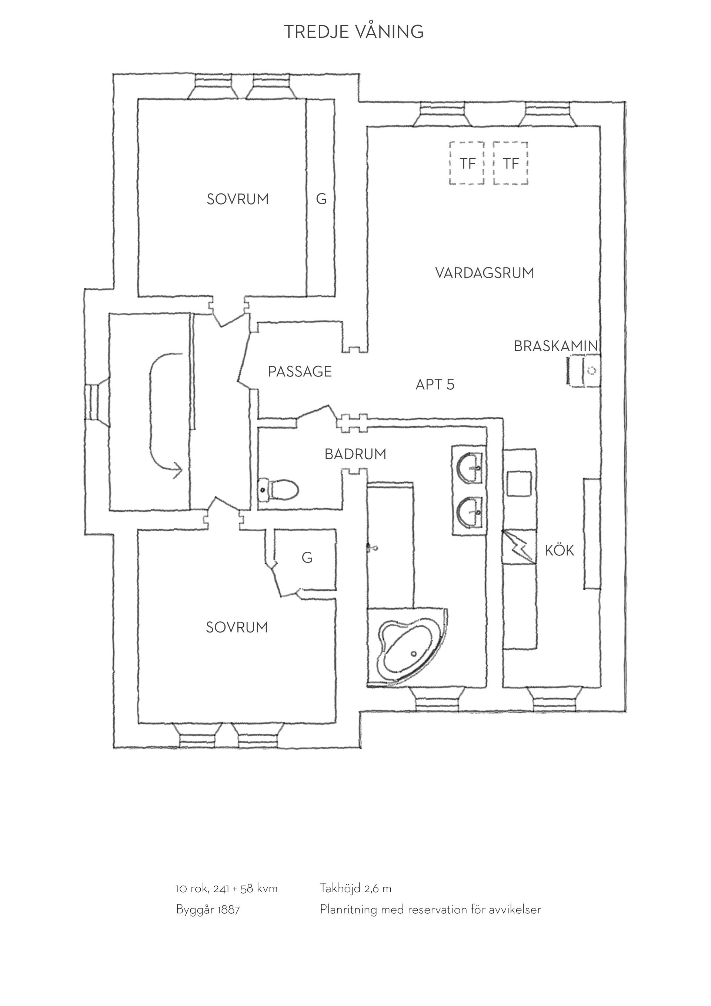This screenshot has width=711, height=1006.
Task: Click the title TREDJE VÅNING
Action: [354, 31]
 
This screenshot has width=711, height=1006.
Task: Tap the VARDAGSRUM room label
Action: [485, 273]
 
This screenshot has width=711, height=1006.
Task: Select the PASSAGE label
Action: [300, 372]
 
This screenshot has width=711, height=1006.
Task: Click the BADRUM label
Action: [355, 454]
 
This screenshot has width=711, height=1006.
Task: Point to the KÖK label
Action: [559, 550]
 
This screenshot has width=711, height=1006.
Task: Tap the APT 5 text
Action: [435, 385]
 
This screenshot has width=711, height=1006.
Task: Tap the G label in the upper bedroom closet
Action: [321, 199]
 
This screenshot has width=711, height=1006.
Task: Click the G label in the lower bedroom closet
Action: [307, 558]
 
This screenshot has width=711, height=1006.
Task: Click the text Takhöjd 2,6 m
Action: [355, 889]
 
